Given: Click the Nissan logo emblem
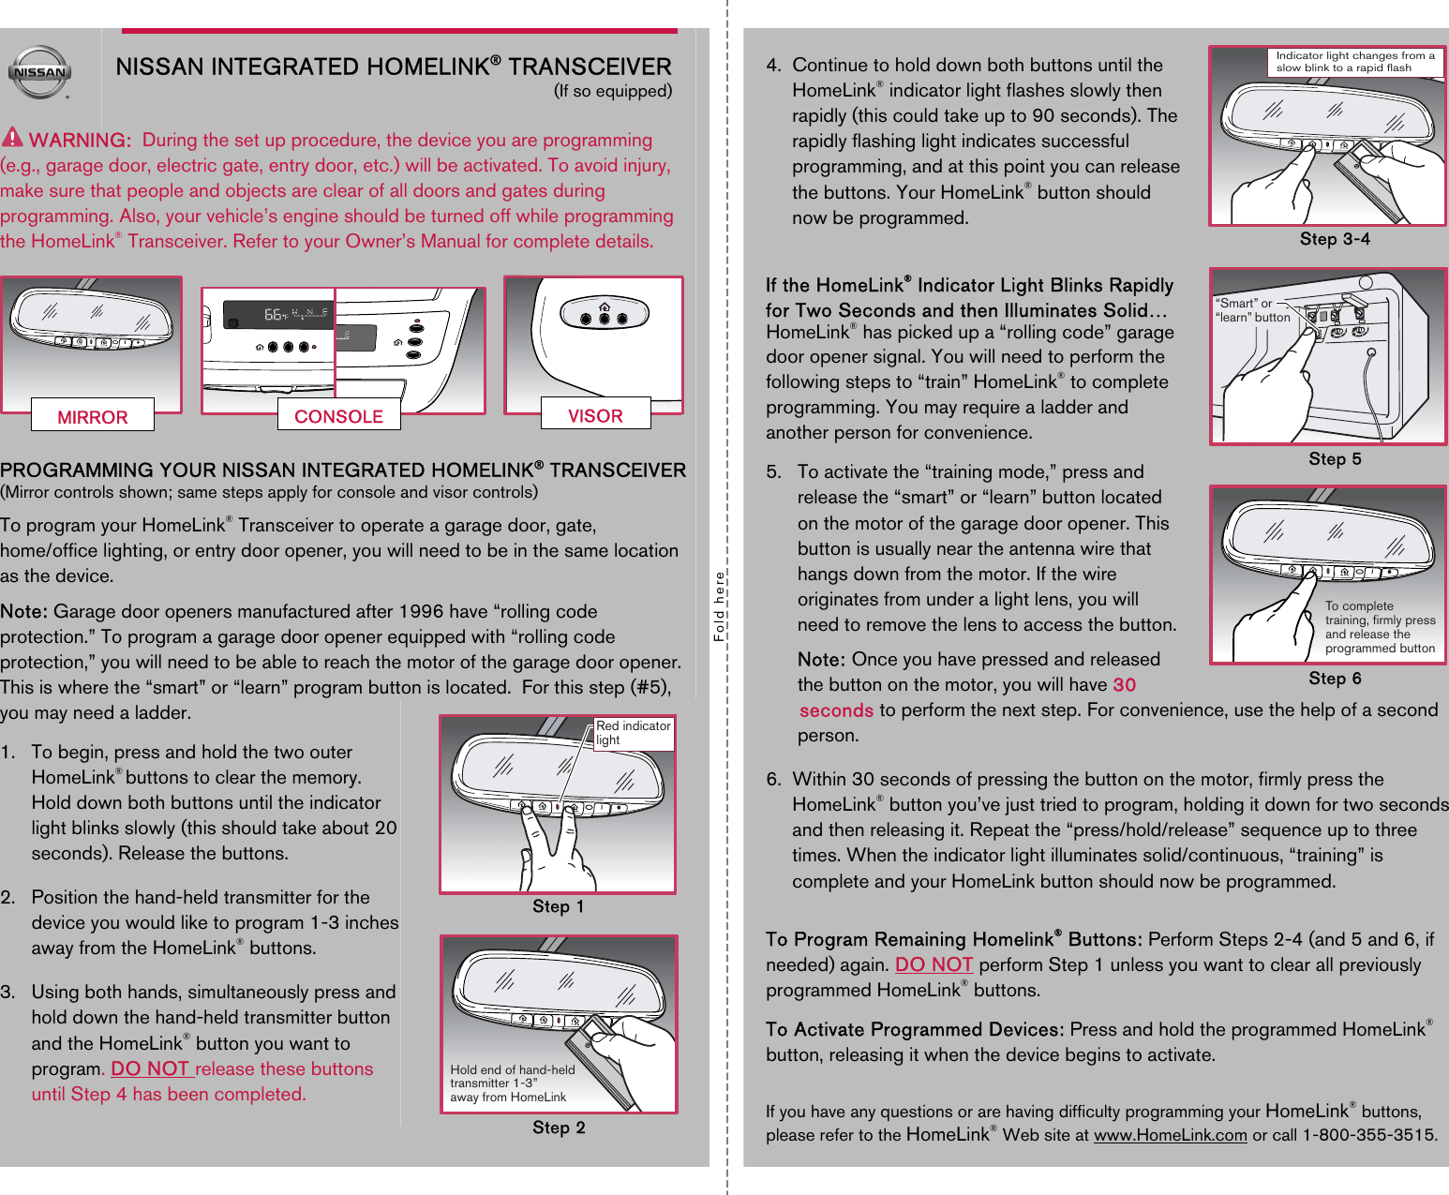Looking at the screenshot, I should point(39,72).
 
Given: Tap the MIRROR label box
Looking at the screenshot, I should point(93,416).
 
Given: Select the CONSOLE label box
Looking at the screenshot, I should point(338,415).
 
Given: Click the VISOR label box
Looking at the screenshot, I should point(595,414).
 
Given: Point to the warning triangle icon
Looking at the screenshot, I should point(12,137).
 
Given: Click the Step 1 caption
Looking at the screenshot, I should point(558,906).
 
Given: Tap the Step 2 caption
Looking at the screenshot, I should point(559,1128).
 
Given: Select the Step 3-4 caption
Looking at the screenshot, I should point(1335,239).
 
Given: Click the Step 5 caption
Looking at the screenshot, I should point(1335,459).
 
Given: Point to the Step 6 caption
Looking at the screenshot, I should point(1335,679).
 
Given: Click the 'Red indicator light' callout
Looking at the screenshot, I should point(634,733).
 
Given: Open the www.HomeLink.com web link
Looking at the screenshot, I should point(1170,1135).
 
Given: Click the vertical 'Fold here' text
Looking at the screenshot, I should point(720,606).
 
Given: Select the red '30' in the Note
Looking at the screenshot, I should point(1124,685).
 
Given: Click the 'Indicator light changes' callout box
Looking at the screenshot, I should point(1355,62).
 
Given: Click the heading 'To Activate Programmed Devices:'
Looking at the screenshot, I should point(914,1029).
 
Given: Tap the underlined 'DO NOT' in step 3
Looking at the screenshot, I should point(151,1068).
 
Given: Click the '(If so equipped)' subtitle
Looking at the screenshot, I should point(612,91).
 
